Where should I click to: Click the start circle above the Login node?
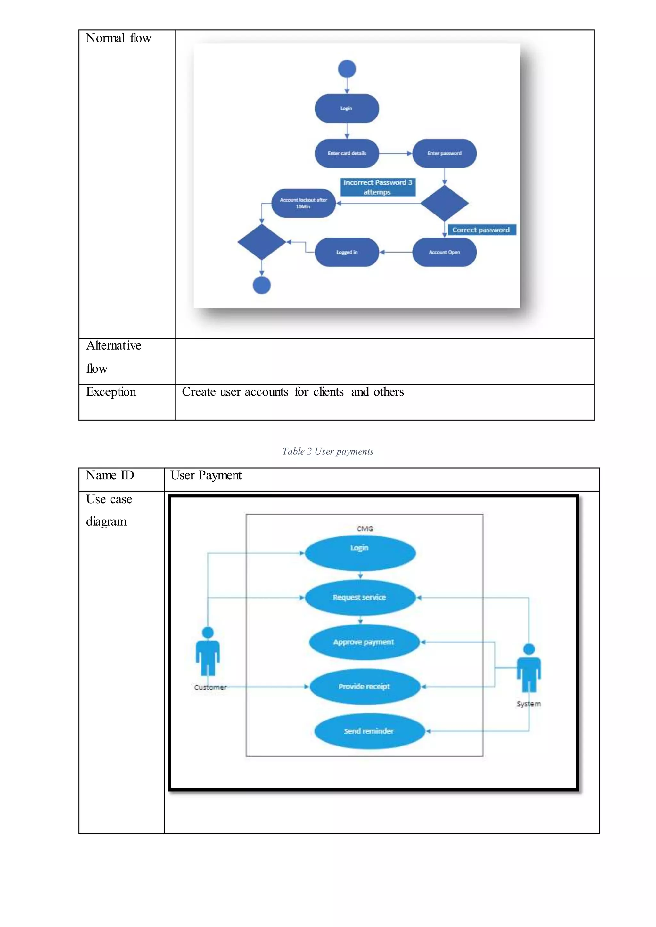347,69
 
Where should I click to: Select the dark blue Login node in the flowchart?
347,108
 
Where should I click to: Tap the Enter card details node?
347,153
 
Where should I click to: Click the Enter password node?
444,153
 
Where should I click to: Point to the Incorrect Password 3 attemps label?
378,187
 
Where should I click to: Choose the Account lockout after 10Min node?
303,203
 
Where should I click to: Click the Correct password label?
481,230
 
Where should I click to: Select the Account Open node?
444,252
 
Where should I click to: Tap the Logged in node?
347,252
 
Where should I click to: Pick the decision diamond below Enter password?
444,203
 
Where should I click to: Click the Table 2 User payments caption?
328,451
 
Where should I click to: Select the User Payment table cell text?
206,476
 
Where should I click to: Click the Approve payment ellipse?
364,642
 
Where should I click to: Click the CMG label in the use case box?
365,529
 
